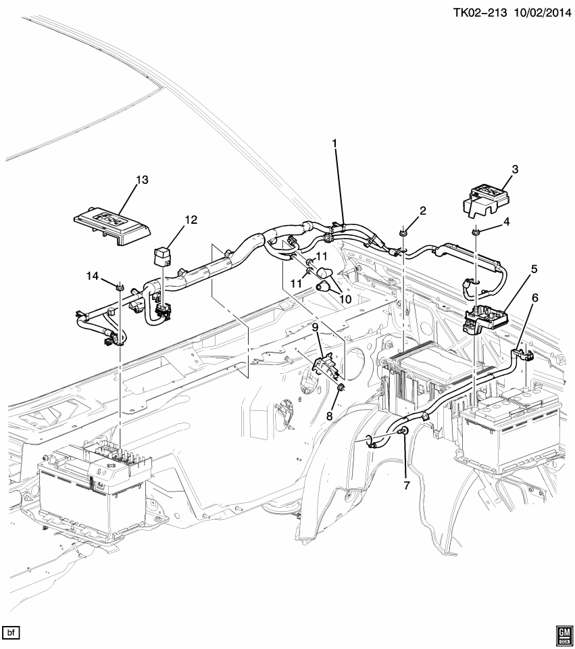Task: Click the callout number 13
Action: coord(141,180)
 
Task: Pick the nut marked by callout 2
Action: coord(403,233)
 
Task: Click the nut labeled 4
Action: coord(475,233)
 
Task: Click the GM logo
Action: coord(563,633)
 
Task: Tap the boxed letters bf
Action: coord(11,633)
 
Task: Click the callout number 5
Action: coord(534,268)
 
